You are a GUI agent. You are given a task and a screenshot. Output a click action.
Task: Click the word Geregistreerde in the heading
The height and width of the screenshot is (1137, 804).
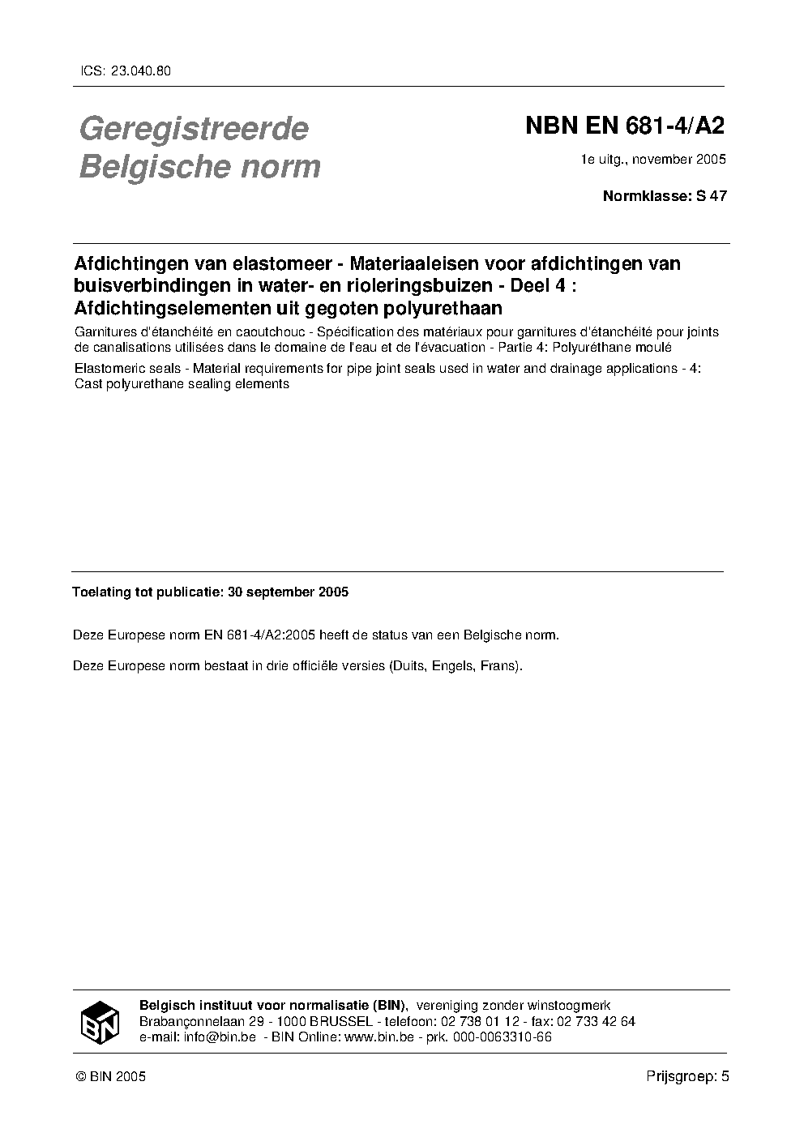194,128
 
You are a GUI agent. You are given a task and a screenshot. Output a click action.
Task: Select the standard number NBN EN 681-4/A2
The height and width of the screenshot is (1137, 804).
624,126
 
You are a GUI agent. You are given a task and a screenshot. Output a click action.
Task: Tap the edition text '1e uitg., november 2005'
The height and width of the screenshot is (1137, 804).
653,159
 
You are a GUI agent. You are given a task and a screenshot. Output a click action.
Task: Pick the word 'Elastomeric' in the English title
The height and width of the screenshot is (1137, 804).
107,369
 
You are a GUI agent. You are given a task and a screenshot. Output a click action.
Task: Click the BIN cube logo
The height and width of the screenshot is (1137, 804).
100,1022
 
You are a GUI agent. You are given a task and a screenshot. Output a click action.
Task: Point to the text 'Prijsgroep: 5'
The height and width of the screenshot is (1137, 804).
688,1076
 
